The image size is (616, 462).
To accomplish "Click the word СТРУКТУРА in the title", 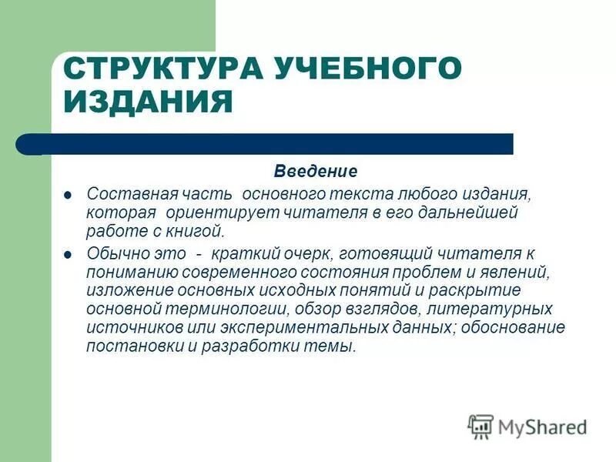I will coord(162,69).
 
